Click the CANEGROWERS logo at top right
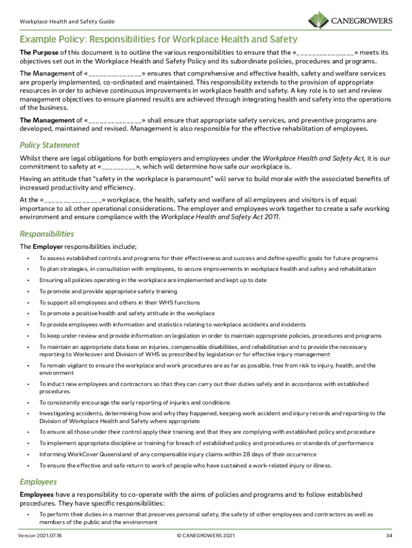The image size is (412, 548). point(350,21)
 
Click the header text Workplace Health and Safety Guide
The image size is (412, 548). point(67,22)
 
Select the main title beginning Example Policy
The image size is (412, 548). point(158,40)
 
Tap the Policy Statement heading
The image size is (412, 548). point(49,145)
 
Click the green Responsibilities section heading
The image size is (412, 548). point(47,234)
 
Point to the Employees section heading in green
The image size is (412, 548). point(39,482)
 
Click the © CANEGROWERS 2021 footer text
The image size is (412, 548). point(205,535)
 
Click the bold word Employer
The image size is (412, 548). point(48,247)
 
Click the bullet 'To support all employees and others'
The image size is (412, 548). point(119,302)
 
